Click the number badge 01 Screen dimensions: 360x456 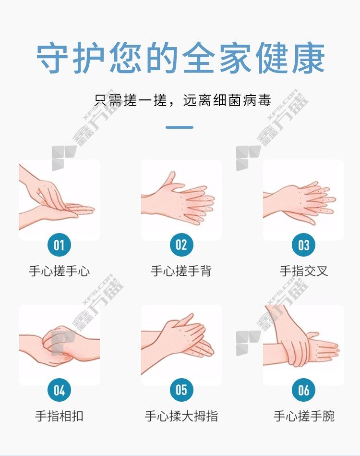coord(59,245)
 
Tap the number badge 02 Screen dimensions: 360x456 coord(181,245)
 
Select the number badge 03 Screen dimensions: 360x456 coord(304,245)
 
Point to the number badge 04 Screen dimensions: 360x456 coord(59,390)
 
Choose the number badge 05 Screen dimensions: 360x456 coord(181,390)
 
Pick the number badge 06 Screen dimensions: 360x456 coord(304,390)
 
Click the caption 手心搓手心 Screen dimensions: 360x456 coord(59,271)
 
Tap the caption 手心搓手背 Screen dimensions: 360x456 coord(181,271)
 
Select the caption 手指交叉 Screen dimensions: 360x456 coord(304,271)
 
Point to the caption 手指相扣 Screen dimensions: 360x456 coord(59,416)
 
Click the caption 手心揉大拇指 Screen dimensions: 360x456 coord(181,416)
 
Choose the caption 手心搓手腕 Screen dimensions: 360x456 coord(304,416)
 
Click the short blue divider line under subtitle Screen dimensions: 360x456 coord(180,127)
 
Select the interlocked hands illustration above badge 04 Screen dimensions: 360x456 coord(59,345)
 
